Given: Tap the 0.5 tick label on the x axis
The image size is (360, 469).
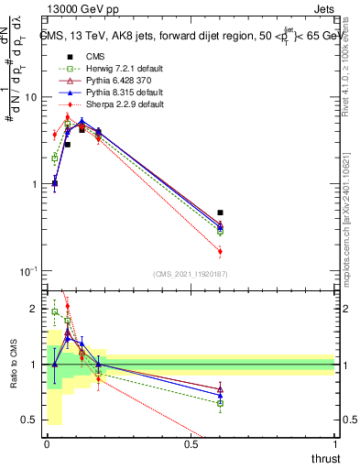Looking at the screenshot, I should (191, 443).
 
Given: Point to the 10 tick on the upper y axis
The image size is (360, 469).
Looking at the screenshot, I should (29, 97).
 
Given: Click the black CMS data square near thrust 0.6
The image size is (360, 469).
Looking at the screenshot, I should (220, 213).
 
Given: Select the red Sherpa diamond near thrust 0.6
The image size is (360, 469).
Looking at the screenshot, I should (220, 251).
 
